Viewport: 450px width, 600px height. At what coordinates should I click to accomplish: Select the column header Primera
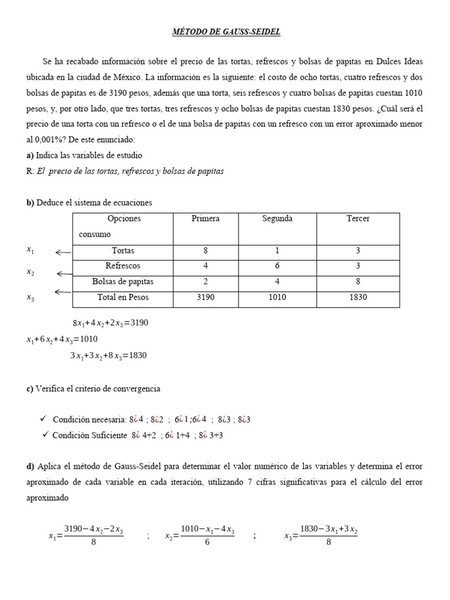(x=205, y=219)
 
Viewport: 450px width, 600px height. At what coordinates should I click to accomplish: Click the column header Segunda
(x=277, y=219)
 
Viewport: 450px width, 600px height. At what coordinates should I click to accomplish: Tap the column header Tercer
(x=358, y=219)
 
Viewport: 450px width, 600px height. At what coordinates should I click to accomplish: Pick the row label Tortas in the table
(x=122, y=251)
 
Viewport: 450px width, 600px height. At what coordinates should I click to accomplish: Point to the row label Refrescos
(x=122, y=266)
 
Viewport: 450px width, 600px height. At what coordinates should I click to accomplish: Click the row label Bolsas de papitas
(x=122, y=282)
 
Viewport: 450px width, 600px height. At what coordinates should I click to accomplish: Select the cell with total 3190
(x=205, y=297)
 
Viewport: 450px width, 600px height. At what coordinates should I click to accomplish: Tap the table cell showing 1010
(x=277, y=297)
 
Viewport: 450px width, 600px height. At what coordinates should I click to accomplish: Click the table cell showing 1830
(x=358, y=297)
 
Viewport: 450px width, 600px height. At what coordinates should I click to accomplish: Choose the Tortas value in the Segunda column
(x=277, y=251)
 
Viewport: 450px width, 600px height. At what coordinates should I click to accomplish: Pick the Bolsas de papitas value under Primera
(x=205, y=282)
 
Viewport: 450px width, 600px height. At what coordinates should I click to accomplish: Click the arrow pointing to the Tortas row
(x=63, y=253)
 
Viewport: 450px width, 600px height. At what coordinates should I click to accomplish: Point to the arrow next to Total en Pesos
(x=63, y=292)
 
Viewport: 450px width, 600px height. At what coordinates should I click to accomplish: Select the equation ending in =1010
(x=62, y=339)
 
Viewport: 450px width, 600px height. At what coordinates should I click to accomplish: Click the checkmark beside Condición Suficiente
(x=46, y=435)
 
